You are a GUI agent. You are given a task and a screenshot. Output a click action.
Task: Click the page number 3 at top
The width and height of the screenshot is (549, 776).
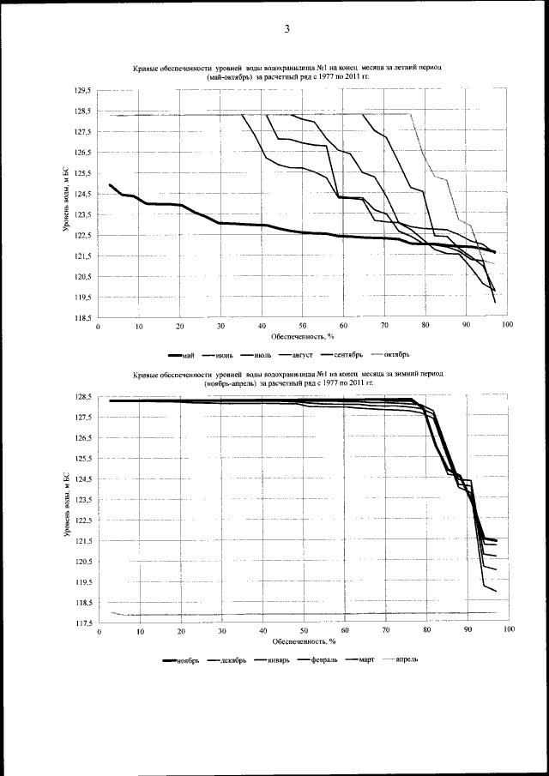pyautogui.click(x=287, y=29)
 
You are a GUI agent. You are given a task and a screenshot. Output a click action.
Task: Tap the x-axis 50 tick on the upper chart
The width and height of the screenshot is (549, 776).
pyautogui.click(x=303, y=327)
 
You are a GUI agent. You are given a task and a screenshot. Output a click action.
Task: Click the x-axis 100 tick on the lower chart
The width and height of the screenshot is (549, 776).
pyautogui.click(x=509, y=631)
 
